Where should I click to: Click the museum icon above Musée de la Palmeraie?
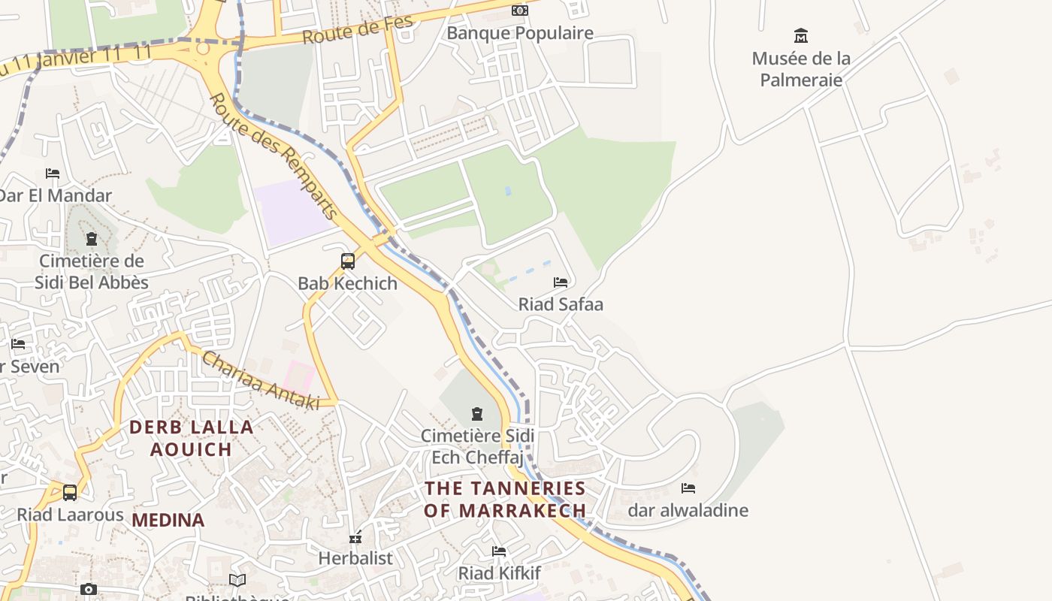coord(801,35)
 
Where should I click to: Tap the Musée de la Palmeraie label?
coord(801,68)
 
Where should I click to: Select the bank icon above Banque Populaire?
coord(520,11)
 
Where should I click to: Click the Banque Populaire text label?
coord(520,33)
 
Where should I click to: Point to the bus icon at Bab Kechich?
coord(348,261)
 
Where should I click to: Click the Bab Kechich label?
coord(348,283)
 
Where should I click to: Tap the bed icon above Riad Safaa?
coord(561,282)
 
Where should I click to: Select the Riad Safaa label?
coord(561,304)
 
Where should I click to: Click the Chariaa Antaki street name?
coord(260,381)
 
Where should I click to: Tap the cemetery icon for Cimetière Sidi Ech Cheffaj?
coord(477,414)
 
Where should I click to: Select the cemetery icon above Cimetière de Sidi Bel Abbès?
coord(92,240)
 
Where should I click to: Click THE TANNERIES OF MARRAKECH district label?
coord(505,499)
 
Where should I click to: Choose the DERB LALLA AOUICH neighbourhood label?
coord(191,438)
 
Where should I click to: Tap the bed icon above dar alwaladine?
coord(688,488)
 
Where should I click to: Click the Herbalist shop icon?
coord(355,537)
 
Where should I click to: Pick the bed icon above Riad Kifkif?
coord(499,551)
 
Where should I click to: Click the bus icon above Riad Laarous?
coord(70,493)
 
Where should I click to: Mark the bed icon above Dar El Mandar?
coord(53,174)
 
